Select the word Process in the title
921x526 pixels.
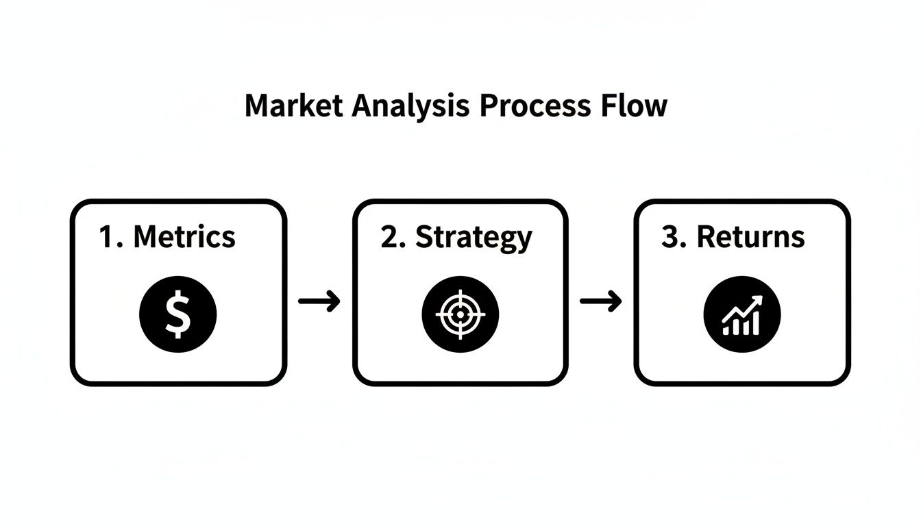click(x=534, y=106)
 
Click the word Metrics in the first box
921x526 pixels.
click(x=184, y=237)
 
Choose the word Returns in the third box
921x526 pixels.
click(x=750, y=237)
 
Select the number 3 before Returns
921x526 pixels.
click(x=672, y=237)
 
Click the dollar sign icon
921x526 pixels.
click(x=178, y=315)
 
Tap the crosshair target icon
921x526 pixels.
click(x=460, y=314)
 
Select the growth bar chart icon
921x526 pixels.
click(x=742, y=315)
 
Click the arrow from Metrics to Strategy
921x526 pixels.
click(x=319, y=301)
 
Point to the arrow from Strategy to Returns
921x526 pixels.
click(x=601, y=301)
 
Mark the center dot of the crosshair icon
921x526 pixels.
click(x=460, y=314)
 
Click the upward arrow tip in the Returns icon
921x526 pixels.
click(x=758, y=300)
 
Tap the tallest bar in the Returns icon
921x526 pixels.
click(x=755, y=323)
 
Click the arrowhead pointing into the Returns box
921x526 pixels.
click(x=615, y=301)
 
